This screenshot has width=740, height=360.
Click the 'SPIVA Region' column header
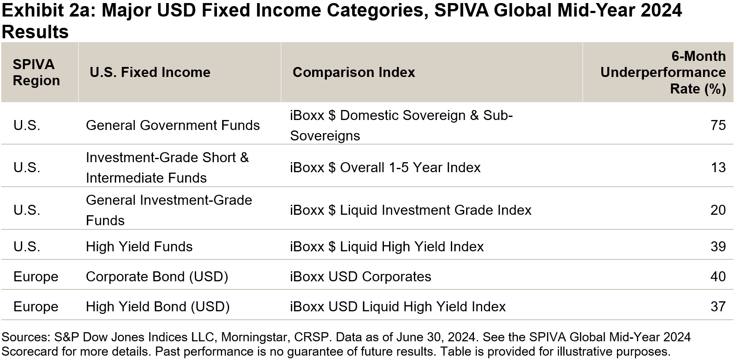pyautogui.click(x=37, y=72)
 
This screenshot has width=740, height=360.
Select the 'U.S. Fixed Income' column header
pyautogui.click(x=150, y=72)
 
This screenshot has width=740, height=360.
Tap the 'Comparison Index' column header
pyautogui.click(x=354, y=72)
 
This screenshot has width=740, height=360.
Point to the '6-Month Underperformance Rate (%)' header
pyautogui.click(x=663, y=72)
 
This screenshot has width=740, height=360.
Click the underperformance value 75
pyautogui.click(x=718, y=125)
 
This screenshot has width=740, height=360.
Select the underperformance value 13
pyautogui.click(x=718, y=167)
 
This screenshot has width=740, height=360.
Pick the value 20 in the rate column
pyautogui.click(x=718, y=210)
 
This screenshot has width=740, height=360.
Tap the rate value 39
pyautogui.click(x=718, y=247)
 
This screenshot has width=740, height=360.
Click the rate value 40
pyautogui.click(x=718, y=277)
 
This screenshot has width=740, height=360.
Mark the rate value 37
pyautogui.click(x=718, y=307)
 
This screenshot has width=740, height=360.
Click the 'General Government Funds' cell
pyautogui.click(x=173, y=125)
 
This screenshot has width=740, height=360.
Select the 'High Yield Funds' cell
pyautogui.click(x=139, y=247)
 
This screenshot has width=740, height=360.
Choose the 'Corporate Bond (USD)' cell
pyautogui.click(x=157, y=277)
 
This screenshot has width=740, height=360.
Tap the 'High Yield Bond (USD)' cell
pyautogui.click(x=157, y=307)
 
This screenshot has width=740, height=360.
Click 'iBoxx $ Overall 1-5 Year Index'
pyautogui.click(x=385, y=167)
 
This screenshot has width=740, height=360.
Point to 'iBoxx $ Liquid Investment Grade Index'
pyautogui.click(x=410, y=210)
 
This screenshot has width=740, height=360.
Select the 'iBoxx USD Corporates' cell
pyautogui.click(x=360, y=277)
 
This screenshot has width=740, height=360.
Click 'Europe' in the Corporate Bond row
pyautogui.click(x=36, y=277)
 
